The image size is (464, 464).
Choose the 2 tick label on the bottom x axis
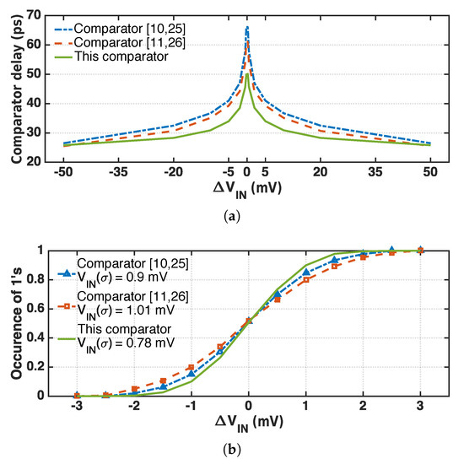pyautogui.click(x=363, y=407)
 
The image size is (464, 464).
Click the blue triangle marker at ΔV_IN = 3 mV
pyautogui.click(x=420, y=250)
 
